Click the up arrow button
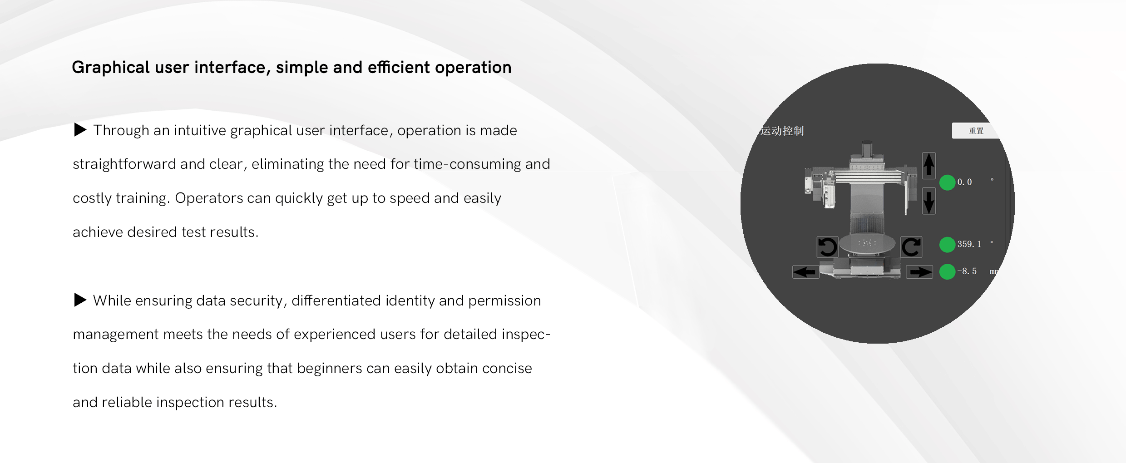click(929, 165)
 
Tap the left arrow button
click(806, 272)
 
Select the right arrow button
click(919, 272)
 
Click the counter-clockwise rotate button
click(827, 247)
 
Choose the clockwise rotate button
click(911, 247)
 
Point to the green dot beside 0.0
click(947, 182)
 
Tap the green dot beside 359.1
click(947, 244)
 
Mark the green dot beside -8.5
click(947, 271)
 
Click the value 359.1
click(969, 244)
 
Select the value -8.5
click(967, 271)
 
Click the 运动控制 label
click(782, 131)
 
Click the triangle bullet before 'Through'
click(80, 130)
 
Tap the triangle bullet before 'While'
click(80, 300)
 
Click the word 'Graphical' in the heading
click(111, 68)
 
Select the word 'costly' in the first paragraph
click(92, 198)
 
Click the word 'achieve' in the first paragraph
click(98, 232)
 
